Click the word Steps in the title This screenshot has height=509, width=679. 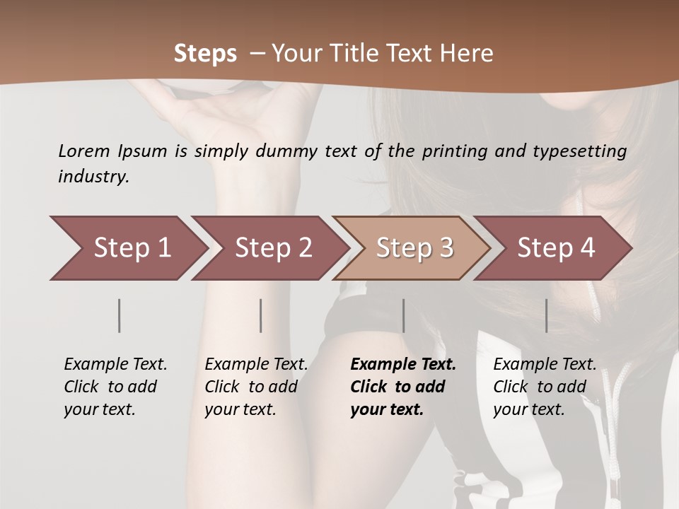click(205, 54)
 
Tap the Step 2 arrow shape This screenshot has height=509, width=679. click(269, 247)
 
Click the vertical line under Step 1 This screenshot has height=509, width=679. click(120, 315)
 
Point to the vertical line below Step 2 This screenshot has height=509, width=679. click(261, 315)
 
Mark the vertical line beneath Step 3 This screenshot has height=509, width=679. click(403, 315)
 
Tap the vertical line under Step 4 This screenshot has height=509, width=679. click(546, 315)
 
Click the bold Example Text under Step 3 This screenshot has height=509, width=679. click(402, 387)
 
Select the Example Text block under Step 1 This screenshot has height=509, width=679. click(115, 387)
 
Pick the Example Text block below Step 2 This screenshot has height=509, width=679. click(256, 387)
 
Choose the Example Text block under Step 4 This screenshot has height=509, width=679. click(545, 387)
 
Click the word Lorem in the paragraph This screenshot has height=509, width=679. click(83, 151)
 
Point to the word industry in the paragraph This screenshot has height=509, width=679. click(93, 177)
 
